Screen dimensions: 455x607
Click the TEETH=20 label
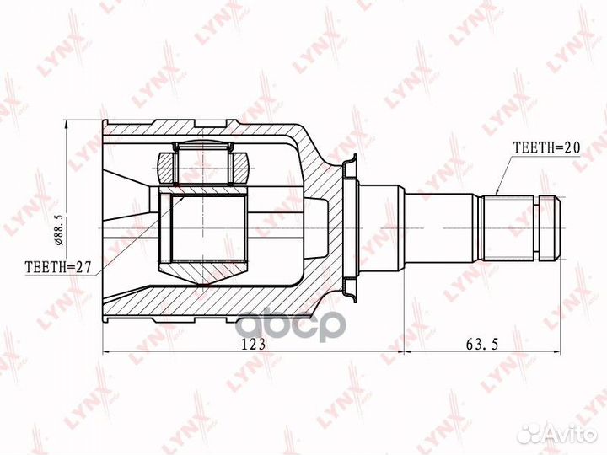(x=546, y=146)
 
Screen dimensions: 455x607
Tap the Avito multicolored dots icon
(x=530, y=433)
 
